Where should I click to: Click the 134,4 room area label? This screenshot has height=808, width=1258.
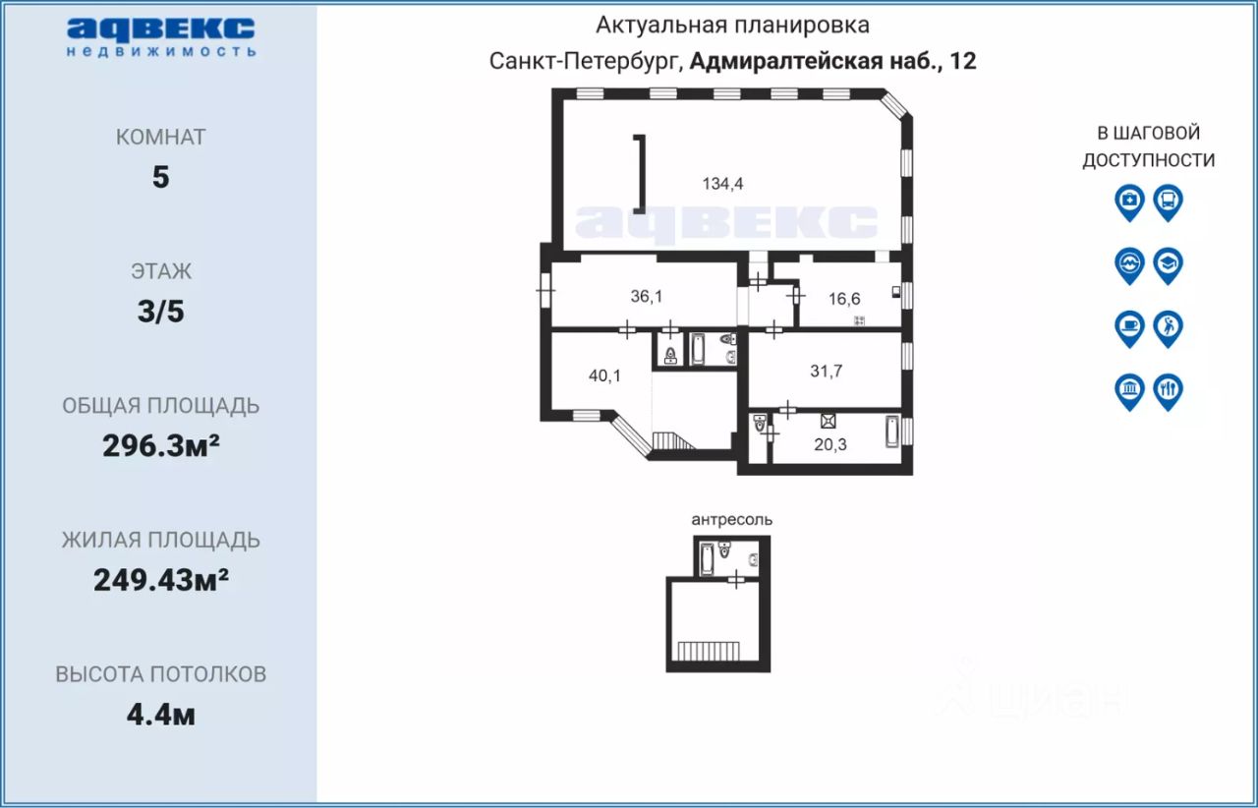pos(722,184)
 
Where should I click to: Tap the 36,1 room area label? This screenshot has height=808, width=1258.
pos(647,296)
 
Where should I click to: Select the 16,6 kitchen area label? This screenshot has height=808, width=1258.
pos(844,299)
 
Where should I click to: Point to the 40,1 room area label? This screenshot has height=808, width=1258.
pos(604,375)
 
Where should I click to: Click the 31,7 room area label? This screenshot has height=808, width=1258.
pos(827,371)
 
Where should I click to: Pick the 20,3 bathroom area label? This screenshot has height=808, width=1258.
pos(830,444)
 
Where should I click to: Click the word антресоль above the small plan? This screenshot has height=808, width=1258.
pos(732,520)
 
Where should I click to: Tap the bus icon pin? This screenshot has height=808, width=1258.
pos(1169,202)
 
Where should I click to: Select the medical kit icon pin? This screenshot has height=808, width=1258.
pos(1130,202)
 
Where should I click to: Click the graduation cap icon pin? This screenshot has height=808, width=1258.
pos(1169,265)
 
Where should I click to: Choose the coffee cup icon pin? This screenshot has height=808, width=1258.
pos(1130,328)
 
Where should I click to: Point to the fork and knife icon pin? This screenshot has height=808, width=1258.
pos(1169,391)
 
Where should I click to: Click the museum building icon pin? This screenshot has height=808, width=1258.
pos(1130,391)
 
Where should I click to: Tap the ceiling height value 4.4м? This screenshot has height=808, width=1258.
pos(161,715)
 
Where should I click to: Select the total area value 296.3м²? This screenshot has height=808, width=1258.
pos(161,445)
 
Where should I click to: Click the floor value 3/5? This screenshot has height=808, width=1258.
pos(161,312)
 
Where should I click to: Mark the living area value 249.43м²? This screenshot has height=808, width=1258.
pos(161,580)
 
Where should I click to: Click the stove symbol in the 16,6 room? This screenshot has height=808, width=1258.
pos(859,320)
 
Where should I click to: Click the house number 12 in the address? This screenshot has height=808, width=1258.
pos(962,61)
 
